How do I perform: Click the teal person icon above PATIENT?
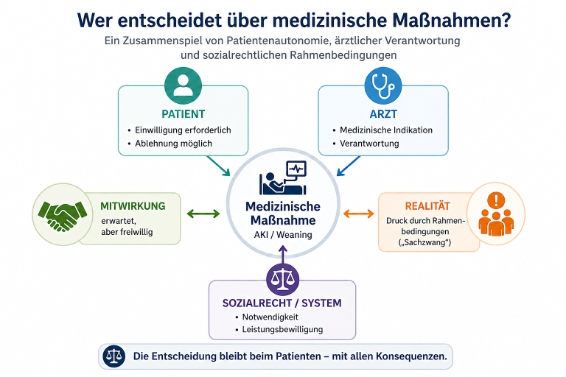(183, 86)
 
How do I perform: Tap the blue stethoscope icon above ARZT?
(383, 86)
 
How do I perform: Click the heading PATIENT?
(183, 114)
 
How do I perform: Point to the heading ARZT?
(383, 114)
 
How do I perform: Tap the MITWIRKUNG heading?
(133, 205)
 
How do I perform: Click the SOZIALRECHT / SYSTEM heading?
(282, 303)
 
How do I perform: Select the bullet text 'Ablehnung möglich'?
(173, 144)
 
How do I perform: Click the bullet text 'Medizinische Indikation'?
(386, 130)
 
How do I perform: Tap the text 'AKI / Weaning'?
(282, 235)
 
